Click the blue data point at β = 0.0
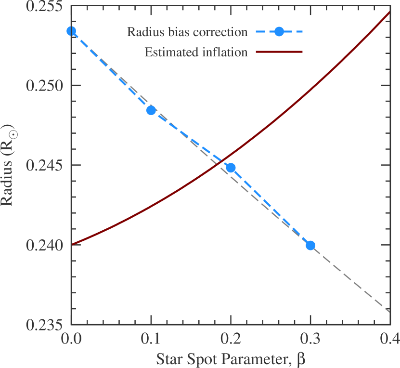coord(71,31)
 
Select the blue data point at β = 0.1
coord(151,110)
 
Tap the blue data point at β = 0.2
coord(231,168)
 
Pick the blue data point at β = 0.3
coord(310,246)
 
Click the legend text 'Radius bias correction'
coord(187,32)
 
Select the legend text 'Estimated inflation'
coord(196,52)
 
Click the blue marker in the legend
coord(279,32)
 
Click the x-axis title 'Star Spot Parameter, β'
coord(231,359)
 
